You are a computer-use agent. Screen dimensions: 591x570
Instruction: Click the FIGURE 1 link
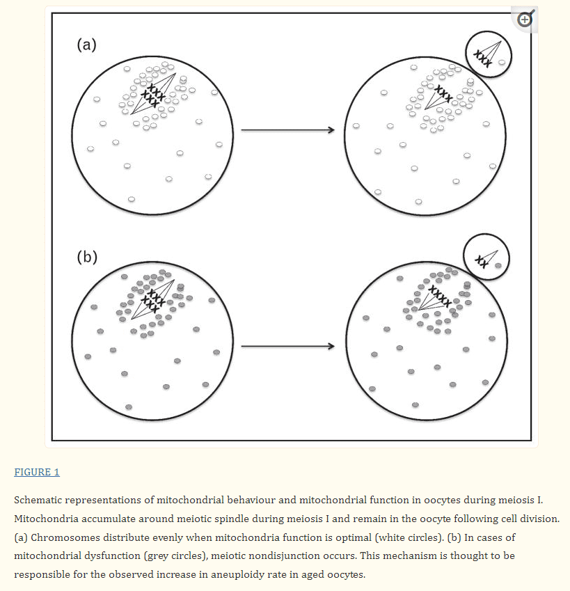click(37, 473)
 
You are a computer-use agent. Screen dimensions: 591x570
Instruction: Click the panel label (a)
click(86, 46)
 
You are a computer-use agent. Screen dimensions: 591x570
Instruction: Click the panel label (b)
click(86, 257)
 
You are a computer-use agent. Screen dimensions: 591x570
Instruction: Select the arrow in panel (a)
click(287, 130)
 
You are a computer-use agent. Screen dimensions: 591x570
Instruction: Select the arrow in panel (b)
click(287, 346)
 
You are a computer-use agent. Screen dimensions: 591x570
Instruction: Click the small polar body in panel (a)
click(488, 55)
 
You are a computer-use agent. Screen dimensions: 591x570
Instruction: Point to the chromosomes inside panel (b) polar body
click(481, 261)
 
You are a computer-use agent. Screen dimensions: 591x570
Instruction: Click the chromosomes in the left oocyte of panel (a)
click(151, 94)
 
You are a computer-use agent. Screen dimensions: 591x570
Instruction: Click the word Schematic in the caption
click(39, 501)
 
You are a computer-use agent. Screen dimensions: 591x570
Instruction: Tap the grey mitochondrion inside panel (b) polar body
click(498, 265)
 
